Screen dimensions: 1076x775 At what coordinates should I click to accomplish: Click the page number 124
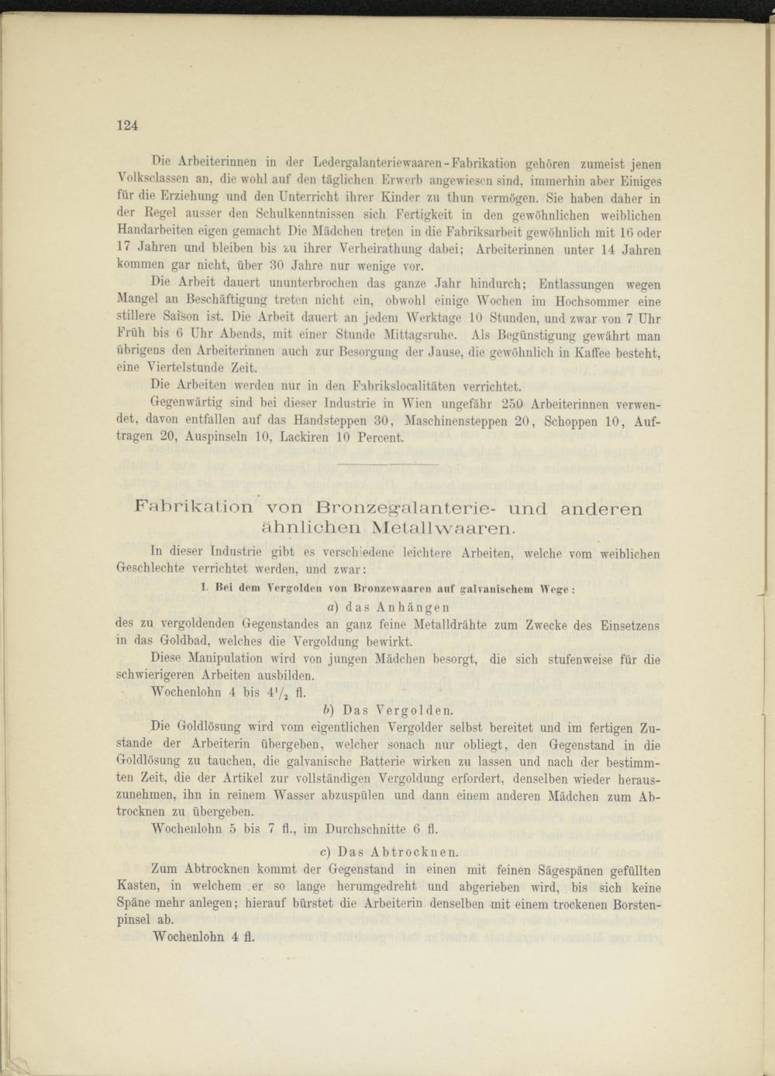coord(127,126)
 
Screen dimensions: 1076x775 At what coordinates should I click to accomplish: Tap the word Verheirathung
coord(381,249)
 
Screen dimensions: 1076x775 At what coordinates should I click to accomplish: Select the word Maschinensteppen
coord(453,420)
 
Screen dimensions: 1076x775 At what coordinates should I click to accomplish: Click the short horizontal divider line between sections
coord(388,464)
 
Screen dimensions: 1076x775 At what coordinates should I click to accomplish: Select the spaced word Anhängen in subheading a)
coord(413,606)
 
